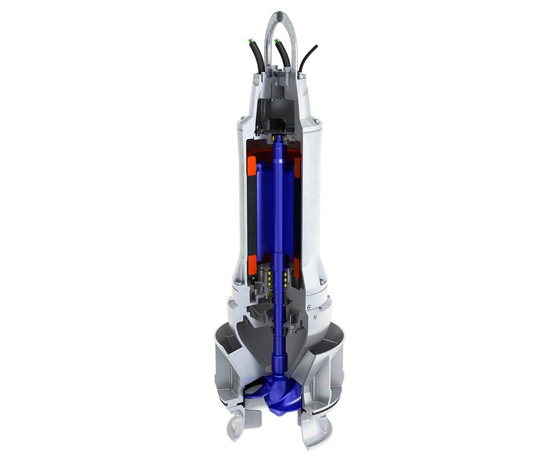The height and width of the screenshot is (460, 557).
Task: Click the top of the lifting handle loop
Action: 280,14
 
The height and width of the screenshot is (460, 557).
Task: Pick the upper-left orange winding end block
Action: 252,165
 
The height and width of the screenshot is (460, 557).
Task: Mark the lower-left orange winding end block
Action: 252,265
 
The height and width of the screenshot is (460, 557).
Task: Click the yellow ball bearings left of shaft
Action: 268,278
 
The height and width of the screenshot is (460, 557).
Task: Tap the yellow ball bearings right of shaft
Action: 285,278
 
